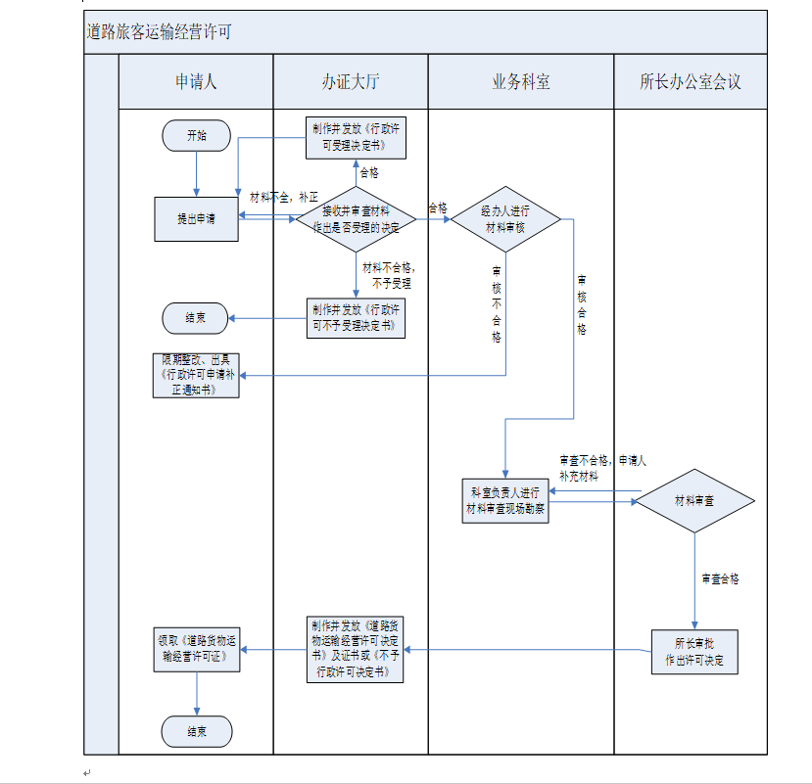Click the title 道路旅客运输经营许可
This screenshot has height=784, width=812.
tap(159, 33)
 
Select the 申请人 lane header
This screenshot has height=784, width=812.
tap(196, 82)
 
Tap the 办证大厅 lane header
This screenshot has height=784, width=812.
tap(350, 82)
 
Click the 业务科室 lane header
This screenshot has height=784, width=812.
tap(520, 82)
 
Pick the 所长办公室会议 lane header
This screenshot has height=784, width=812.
tap(691, 82)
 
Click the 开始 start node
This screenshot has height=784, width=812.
tap(197, 136)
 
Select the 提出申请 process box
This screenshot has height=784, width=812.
tap(197, 219)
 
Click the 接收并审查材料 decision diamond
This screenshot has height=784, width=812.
tap(356, 219)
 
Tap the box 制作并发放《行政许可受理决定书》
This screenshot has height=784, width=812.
tap(356, 139)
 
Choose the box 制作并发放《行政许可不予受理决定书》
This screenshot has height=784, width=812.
tap(356, 318)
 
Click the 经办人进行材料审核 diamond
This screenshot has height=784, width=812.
tap(505, 219)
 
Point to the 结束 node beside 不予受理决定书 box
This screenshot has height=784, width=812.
tap(197, 318)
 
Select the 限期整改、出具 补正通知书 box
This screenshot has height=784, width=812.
tap(197, 375)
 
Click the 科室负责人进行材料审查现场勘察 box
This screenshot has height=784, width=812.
tap(505, 500)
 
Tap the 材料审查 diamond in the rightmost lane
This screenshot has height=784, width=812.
tap(694, 500)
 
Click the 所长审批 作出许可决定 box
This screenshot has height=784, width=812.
tap(694, 651)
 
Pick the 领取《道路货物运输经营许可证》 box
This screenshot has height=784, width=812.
tap(197, 649)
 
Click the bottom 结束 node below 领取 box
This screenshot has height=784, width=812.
tap(197, 731)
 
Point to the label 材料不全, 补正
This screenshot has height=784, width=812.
tap(284, 197)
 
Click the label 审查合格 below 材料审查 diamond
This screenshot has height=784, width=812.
tap(720, 578)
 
